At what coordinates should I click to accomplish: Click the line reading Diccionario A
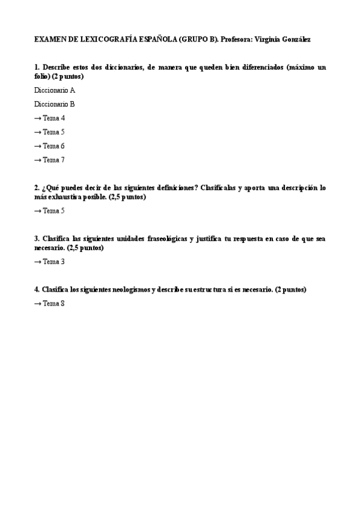click(x=55, y=90)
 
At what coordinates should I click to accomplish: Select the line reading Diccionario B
click(x=55, y=104)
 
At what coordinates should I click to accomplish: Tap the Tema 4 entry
click(x=53, y=118)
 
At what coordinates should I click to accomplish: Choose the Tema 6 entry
click(x=53, y=146)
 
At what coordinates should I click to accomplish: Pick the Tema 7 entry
click(x=53, y=160)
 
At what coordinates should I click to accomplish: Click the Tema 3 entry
click(x=53, y=262)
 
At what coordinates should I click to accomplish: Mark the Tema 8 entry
click(x=53, y=304)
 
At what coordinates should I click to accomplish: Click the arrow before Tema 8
click(x=38, y=304)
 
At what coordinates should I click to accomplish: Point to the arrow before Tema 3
click(x=38, y=262)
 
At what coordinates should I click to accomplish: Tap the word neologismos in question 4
click(x=131, y=289)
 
